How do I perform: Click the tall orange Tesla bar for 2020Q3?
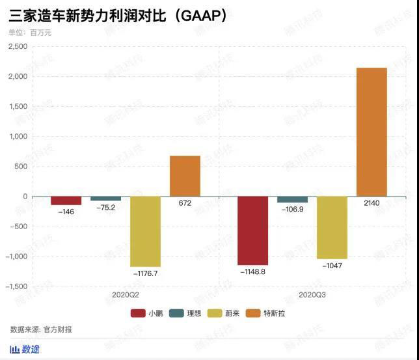pyautogui.click(x=372, y=132)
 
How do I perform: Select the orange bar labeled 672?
pyautogui.click(x=185, y=176)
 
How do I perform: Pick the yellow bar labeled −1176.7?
pyautogui.click(x=145, y=231)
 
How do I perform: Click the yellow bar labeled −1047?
pyautogui.click(x=332, y=227)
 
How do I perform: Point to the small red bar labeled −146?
pyautogui.click(x=66, y=201)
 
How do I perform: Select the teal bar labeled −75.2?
pyautogui.click(x=105, y=199)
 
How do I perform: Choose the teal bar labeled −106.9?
pyautogui.click(x=292, y=199)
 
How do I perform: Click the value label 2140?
pyautogui.click(x=372, y=204)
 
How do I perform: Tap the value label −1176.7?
pyautogui.click(x=145, y=273)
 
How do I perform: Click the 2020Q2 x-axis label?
pyautogui.click(x=125, y=295)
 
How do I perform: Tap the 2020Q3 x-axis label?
pyautogui.click(x=312, y=295)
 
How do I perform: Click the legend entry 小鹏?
pyautogui.click(x=146, y=313)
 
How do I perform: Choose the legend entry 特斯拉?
pyautogui.click(x=267, y=313)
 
